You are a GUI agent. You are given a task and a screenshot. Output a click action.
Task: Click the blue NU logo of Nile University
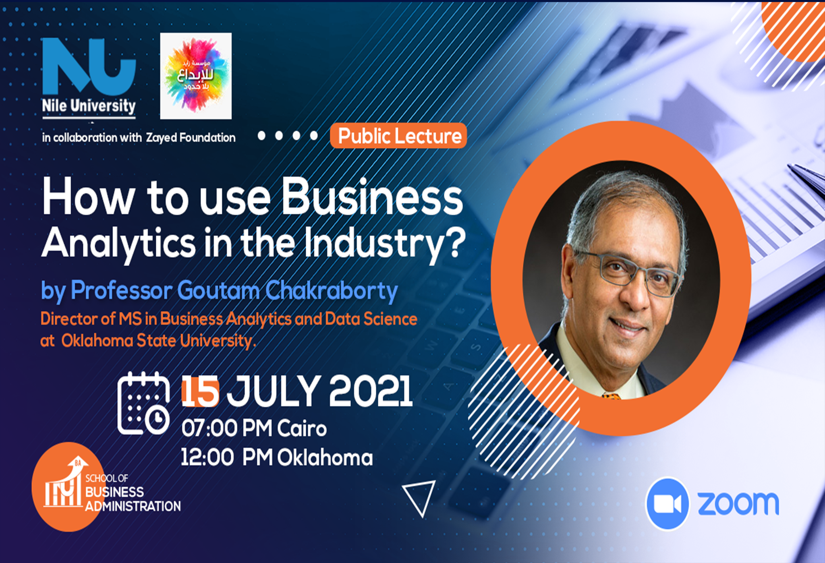click(89, 66)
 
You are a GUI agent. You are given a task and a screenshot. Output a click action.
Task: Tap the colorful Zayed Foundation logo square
click(196, 76)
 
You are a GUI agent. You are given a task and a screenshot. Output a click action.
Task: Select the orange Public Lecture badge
click(398, 136)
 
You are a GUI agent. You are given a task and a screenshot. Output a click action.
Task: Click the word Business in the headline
click(372, 197)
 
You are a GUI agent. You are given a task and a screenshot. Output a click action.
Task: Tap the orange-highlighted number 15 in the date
click(200, 391)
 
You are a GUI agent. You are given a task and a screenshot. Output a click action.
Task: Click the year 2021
click(371, 391)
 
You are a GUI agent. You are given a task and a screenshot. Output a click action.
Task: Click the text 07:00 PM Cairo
click(254, 428)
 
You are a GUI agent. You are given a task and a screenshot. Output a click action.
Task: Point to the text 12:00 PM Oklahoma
click(277, 457)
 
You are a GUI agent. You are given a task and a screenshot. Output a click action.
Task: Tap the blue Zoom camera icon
click(667, 503)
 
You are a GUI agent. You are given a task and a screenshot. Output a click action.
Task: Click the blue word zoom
click(738, 503)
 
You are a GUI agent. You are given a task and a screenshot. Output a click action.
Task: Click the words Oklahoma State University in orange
click(158, 341)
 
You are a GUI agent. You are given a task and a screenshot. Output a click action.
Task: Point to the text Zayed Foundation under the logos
click(191, 138)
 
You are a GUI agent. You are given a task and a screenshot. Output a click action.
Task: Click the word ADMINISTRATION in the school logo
click(133, 506)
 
